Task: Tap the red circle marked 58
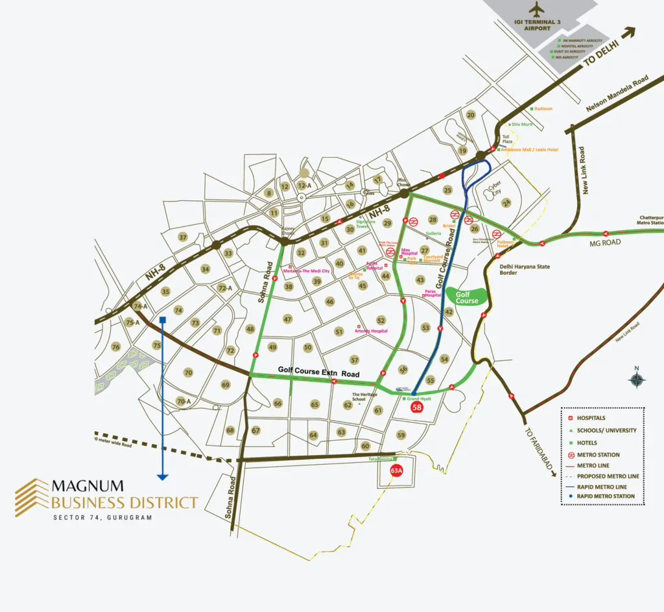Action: click(x=418, y=408)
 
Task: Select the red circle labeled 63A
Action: click(x=396, y=471)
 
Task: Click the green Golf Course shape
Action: click(x=467, y=297)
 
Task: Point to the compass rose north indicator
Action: click(x=637, y=379)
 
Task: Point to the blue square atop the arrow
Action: click(x=162, y=320)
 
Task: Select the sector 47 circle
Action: click(x=288, y=319)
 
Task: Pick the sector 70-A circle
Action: click(x=184, y=402)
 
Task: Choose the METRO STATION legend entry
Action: click(x=598, y=454)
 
